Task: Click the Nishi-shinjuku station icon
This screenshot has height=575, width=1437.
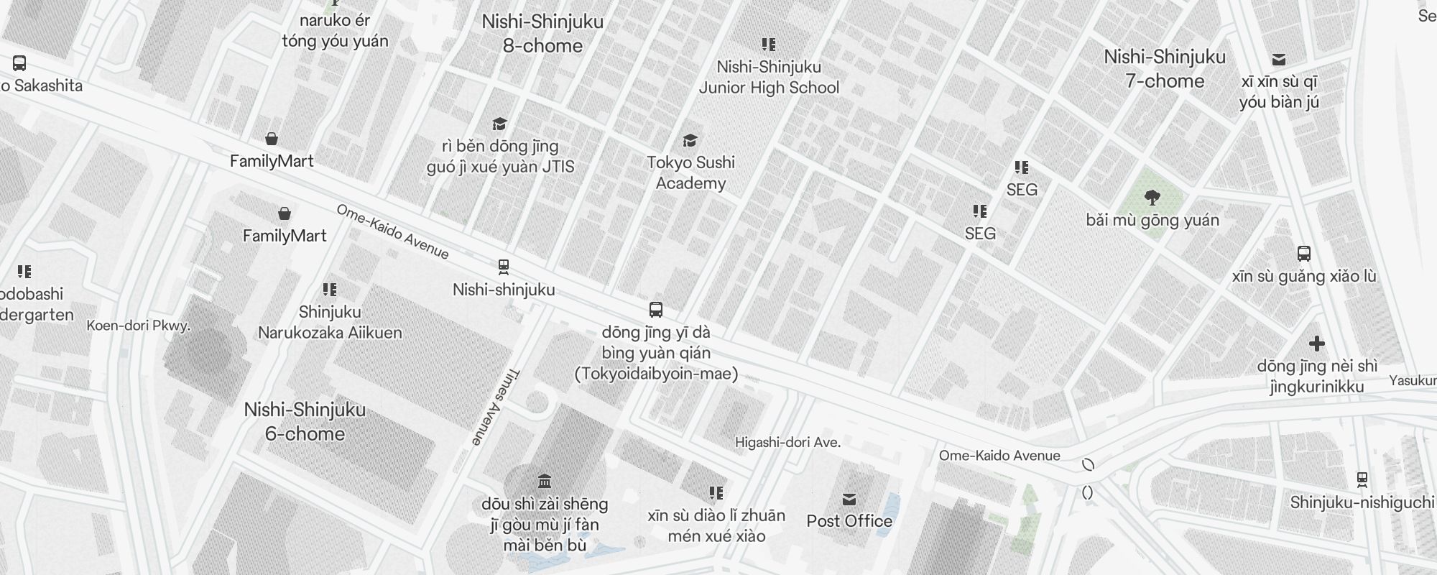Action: coord(504,267)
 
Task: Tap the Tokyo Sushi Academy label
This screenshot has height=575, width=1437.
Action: coord(690,172)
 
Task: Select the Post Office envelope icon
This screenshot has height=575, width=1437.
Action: coord(849,499)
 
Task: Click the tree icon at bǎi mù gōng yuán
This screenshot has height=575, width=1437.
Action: coord(1152,197)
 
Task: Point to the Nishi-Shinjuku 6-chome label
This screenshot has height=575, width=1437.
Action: coord(305,421)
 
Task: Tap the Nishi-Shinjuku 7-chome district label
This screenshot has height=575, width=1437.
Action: coord(1165,69)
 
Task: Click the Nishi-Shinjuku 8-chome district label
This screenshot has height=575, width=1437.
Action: coord(542,34)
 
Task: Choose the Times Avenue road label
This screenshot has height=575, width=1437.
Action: coord(496,407)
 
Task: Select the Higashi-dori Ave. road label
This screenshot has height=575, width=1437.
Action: coord(787,443)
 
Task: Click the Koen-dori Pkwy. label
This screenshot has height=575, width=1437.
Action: coord(138,326)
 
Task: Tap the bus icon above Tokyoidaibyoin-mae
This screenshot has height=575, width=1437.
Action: coord(655,310)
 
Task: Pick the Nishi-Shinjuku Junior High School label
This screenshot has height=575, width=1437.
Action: coord(769,77)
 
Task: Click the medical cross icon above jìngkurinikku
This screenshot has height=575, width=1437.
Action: coord(1316,344)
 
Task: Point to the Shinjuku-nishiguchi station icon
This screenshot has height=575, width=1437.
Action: coord(1362,479)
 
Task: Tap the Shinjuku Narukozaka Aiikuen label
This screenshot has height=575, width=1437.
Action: coord(330,322)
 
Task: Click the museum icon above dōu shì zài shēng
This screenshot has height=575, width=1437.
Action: coord(545,481)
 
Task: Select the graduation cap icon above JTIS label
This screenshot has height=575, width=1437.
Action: coord(499,124)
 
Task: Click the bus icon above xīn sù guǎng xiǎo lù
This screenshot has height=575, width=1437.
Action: coord(1304,254)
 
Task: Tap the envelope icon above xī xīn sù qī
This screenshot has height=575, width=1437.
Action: coord(1279,60)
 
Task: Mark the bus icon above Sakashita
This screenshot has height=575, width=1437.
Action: coord(19,63)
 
